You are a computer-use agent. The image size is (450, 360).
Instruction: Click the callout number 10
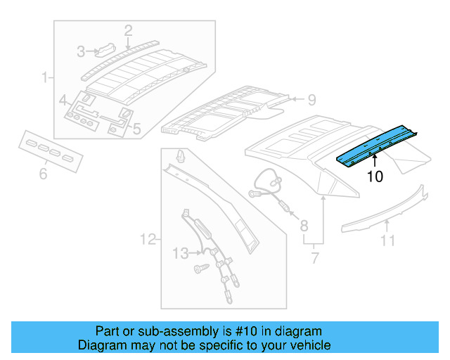tap(375, 176)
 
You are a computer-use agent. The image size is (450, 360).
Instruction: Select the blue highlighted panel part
tap(380, 145)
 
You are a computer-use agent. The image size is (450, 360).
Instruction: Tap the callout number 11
tap(388, 242)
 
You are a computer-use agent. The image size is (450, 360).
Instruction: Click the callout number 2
tap(128, 30)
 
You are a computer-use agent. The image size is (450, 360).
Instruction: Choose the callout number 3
tap(81, 51)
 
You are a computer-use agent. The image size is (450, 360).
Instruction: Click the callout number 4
tap(63, 100)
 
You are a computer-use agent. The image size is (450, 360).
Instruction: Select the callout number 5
tap(136, 129)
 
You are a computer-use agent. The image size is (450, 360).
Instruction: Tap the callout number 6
tap(43, 173)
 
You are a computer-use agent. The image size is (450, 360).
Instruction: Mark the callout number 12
tap(146, 240)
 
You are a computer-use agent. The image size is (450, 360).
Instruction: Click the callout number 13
tap(181, 252)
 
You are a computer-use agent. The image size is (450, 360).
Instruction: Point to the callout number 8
tap(304, 226)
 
